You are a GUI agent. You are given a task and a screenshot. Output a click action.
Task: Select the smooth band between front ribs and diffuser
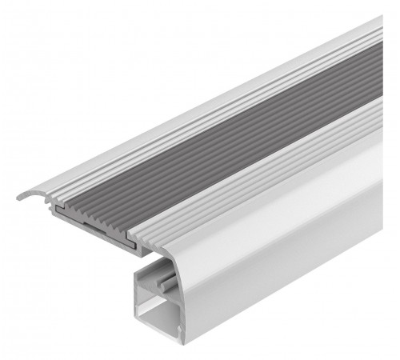click(x=264, y=200)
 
